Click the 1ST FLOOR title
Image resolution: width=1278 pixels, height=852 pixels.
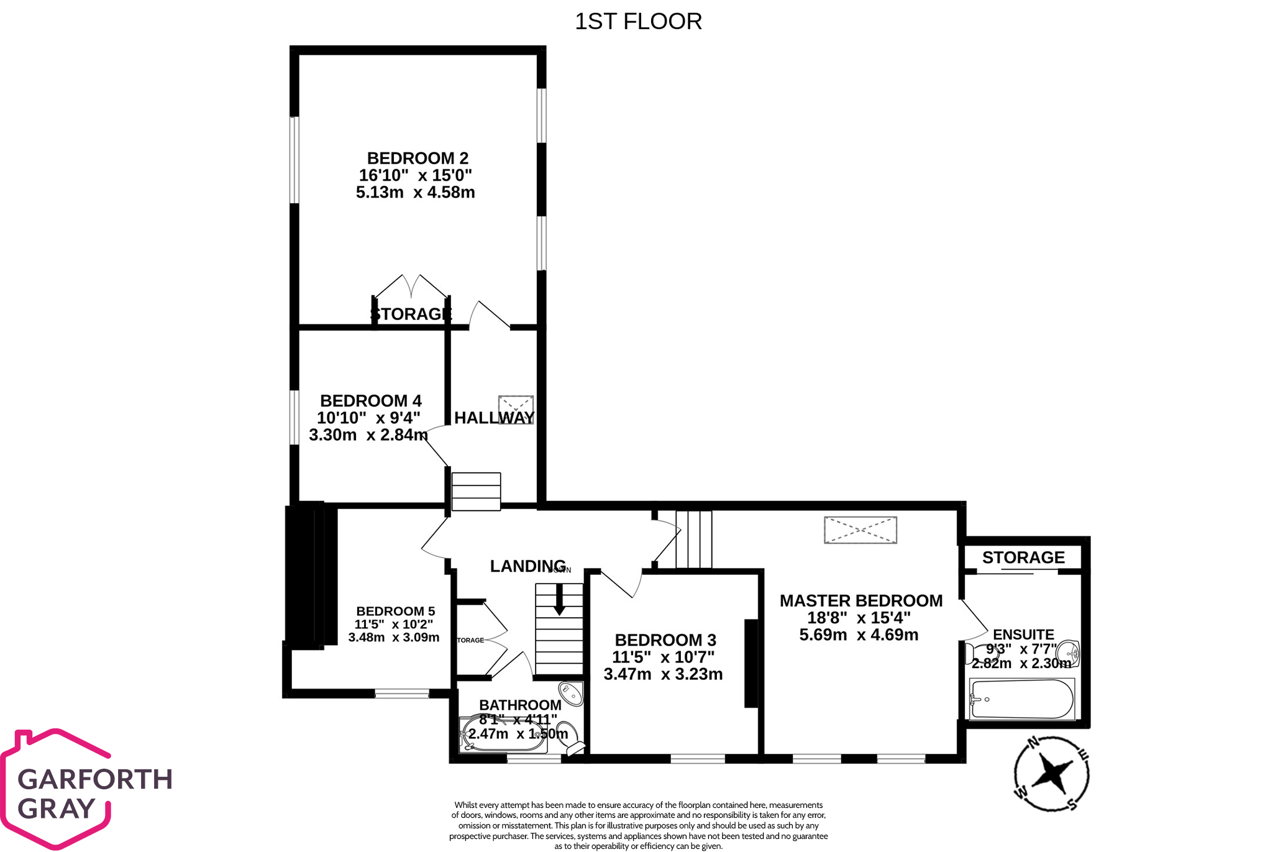tap(638, 22)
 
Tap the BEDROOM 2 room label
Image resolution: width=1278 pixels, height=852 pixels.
tap(418, 158)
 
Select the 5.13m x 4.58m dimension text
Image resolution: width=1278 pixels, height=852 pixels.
tap(415, 193)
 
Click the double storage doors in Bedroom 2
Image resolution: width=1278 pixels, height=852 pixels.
tap(411, 287)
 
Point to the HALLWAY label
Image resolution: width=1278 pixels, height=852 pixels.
tap(494, 418)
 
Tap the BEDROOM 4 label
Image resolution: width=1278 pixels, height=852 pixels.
tap(371, 401)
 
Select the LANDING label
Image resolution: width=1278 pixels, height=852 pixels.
tap(527, 566)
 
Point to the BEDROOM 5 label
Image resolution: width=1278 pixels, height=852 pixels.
tap(395, 612)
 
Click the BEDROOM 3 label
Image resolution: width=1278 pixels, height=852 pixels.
tap(665, 640)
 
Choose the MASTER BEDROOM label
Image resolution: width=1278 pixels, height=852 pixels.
tap(861, 601)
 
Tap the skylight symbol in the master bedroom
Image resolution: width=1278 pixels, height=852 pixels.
tap(860, 530)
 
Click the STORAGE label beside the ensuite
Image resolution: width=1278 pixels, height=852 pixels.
tap(1023, 557)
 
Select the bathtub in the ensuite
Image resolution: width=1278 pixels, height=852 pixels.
tap(1022, 699)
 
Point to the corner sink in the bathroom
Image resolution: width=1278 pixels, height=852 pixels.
tap(571, 693)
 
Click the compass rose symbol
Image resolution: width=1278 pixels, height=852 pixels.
tap(1051, 774)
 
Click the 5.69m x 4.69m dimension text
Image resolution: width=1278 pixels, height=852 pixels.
tap(859, 635)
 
